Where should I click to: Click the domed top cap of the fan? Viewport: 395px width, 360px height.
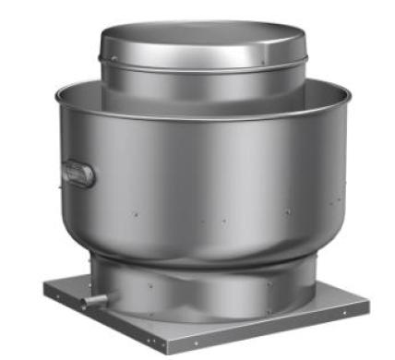click(204, 41)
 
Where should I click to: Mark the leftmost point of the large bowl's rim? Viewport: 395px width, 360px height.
click(55, 91)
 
